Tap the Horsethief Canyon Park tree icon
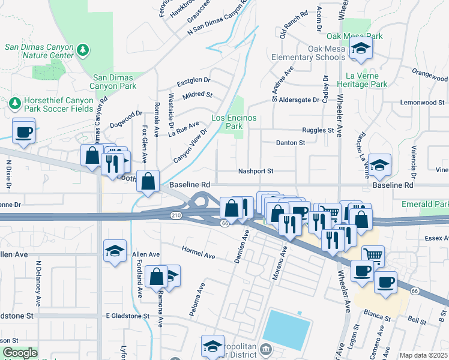pyautogui.click(x=14, y=104)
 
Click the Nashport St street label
pyautogui.click(x=256, y=171)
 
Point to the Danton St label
pyautogui.click(x=291, y=143)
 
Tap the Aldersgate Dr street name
pyautogui.click(x=298, y=100)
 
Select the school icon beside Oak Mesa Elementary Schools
pyautogui.click(x=360, y=50)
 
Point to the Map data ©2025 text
pyautogui.click(x=423, y=355)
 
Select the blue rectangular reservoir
pyautogui.click(x=287, y=330)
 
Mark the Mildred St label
pyautogui.click(x=199, y=95)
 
